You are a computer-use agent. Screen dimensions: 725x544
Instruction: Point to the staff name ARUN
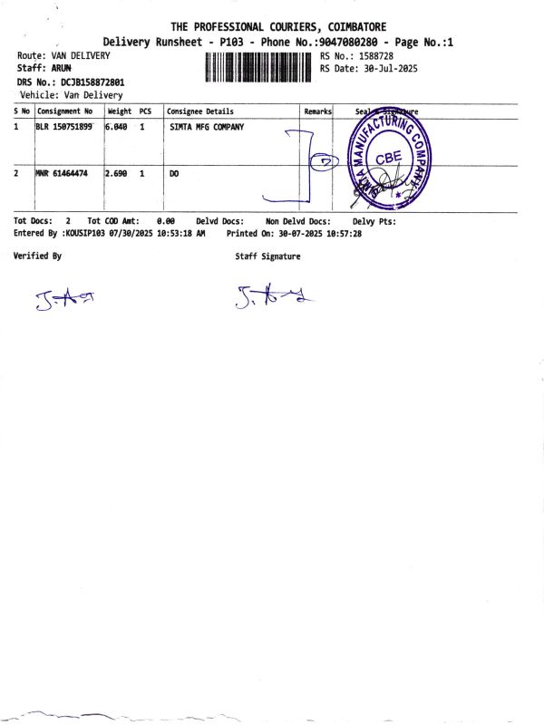coord(62,68)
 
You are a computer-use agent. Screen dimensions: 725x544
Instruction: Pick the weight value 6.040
coord(118,128)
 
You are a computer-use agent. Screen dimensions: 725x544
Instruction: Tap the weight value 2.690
coord(118,172)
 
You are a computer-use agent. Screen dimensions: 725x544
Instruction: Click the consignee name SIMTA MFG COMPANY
coord(207,128)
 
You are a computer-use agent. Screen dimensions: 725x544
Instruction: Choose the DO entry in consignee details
coord(175,172)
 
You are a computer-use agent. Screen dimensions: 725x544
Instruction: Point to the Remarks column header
coord(317,111)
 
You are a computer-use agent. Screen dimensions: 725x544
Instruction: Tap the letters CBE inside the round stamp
coord(388,155)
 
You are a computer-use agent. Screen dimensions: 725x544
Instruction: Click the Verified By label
coord(38,256)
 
